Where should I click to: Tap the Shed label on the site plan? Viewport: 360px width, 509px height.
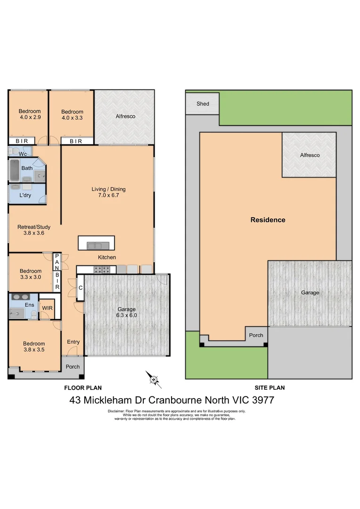pyautogui.click(x=203, y=104)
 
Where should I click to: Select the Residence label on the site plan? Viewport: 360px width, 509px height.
pyautogui.click(x=268, y=220)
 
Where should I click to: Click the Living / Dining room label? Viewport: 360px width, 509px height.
pyautogui.click(x=108, y=189)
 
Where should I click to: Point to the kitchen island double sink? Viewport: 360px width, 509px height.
pyautogui.click(x=98, y=245)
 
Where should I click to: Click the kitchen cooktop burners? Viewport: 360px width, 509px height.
pyautogui.click(x=103, y=270)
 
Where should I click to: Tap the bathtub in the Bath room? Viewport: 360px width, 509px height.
pyautogui.click(x=14, y=170)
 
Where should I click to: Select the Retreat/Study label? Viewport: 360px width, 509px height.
pyautogui.click(x=31, y=227)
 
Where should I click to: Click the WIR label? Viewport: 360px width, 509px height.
pyautogui.click(x=47, y=308)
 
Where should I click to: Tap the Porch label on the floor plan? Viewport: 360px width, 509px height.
pyautogui.click(x=73, y=367)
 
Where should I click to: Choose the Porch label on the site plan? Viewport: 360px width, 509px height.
pyautogui.click(x=256, y=335)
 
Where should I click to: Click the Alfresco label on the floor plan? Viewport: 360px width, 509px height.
pyautogui.click(x=125, y=116)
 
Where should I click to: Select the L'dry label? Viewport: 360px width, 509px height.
pyautogui.click(x=25, y=195)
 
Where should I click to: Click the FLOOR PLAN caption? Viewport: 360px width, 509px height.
pyautogui.click(x=83, y=388)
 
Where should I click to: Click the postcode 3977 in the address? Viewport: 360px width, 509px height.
pyautogui.click(x=262, y=401)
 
